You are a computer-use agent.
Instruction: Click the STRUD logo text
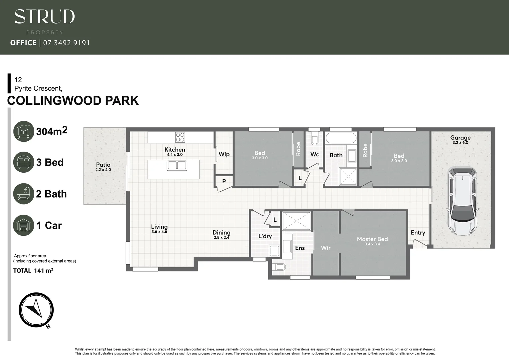pyautogui.click(x=45, y=17)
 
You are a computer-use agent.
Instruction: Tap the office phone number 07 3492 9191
pyautogui.click(x=67, y=43)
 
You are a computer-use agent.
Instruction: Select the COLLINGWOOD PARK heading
pyautogui.click(x=73, y=101)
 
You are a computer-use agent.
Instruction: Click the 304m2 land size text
pyautogui.click(x=52, y=131)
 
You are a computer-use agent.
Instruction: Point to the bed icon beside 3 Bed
pyautogui.click(x=24, y=162)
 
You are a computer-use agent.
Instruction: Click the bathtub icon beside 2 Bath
pyautogui.click(x=24, y=194)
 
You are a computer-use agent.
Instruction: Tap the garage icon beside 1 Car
pyautogui.click(x=24, y=225)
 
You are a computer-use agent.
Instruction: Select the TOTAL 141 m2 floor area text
pyautogui.click(x=33, y=271)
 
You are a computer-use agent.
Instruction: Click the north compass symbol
pyautogui.click(x=36, y=310)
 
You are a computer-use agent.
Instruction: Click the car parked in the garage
pyautogui.click(x=463, y=201)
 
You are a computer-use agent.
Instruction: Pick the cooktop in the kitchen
pyautogui.click(x=180, y=137)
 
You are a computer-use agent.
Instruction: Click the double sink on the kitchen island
pyautogui.click(x=177, y=165)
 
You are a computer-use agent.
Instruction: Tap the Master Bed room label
pyautogui.click(x=372, y=239)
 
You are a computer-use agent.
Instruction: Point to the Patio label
pyautogui.click(x=103, y=165)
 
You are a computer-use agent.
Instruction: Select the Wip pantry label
pyautogui.click(x=224, y=154)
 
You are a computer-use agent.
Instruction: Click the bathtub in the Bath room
pyautogui.click(x=341, y=138)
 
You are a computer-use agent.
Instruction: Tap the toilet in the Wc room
pyautogui.click(x=314, y=139)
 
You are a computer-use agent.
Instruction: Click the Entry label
pyautogui.click(x=418, y=233)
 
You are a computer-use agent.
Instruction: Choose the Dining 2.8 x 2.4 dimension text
pyautogui.click(x=222, y=238)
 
